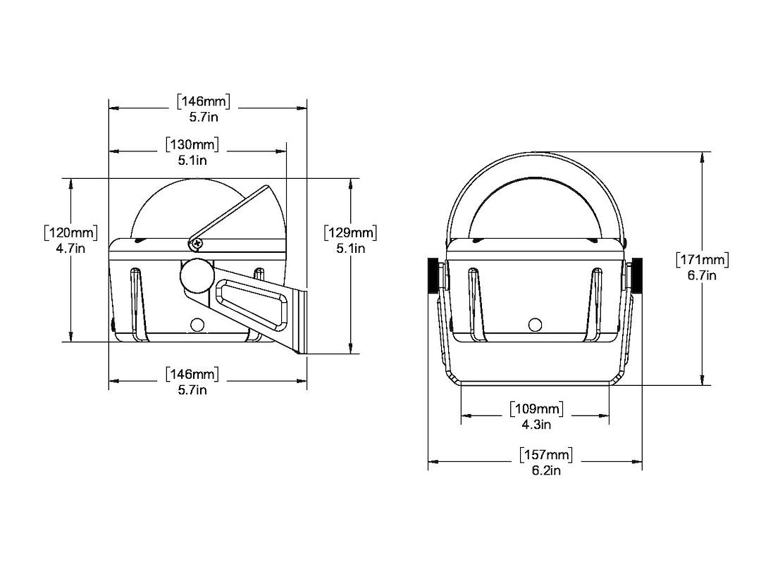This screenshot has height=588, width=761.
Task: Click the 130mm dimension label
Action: (192, 144)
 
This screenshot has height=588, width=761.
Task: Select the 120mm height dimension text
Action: (71, 233)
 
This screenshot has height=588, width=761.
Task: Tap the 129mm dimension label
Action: (350, 233)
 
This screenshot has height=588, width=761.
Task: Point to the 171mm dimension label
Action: (703, 260)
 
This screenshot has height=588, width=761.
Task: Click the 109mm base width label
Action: (536, 409)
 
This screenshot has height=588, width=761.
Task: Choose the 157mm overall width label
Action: (546, 455)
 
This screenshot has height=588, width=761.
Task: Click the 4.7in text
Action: (71, 249)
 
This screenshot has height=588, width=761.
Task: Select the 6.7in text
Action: (703, 275)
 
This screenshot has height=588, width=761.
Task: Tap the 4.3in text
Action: (536, 425)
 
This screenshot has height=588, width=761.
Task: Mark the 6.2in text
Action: (546, 470)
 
